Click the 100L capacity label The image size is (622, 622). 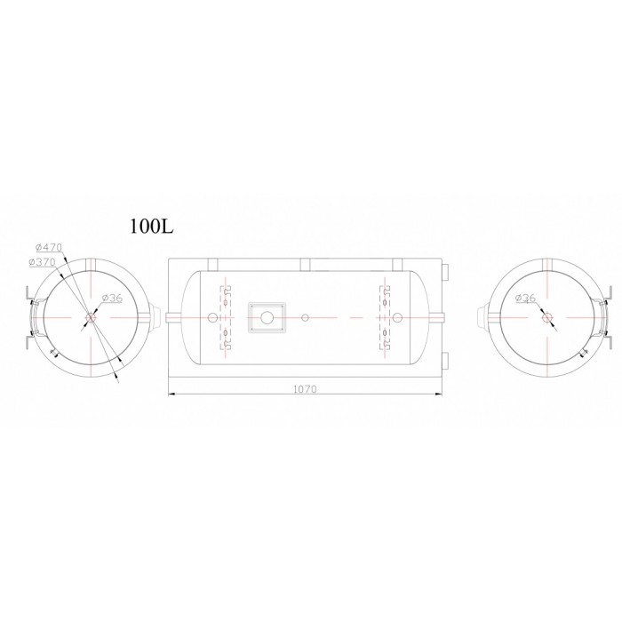click(x=152, y=227)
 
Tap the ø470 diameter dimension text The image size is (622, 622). click(x=49, y=248)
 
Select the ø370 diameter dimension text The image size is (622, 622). click(x=42, y=262)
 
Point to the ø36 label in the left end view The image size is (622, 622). click(x=112, y=298)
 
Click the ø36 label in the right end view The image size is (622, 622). click(x=525, y=298)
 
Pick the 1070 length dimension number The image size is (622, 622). click(x=305, y=389)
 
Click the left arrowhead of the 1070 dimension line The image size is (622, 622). click(x=171, y=394)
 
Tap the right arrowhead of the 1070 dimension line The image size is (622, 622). click(x=439, y=394)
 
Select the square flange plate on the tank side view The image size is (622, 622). click(x=267, y=317)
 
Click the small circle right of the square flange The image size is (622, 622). click(x=305, y=317)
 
